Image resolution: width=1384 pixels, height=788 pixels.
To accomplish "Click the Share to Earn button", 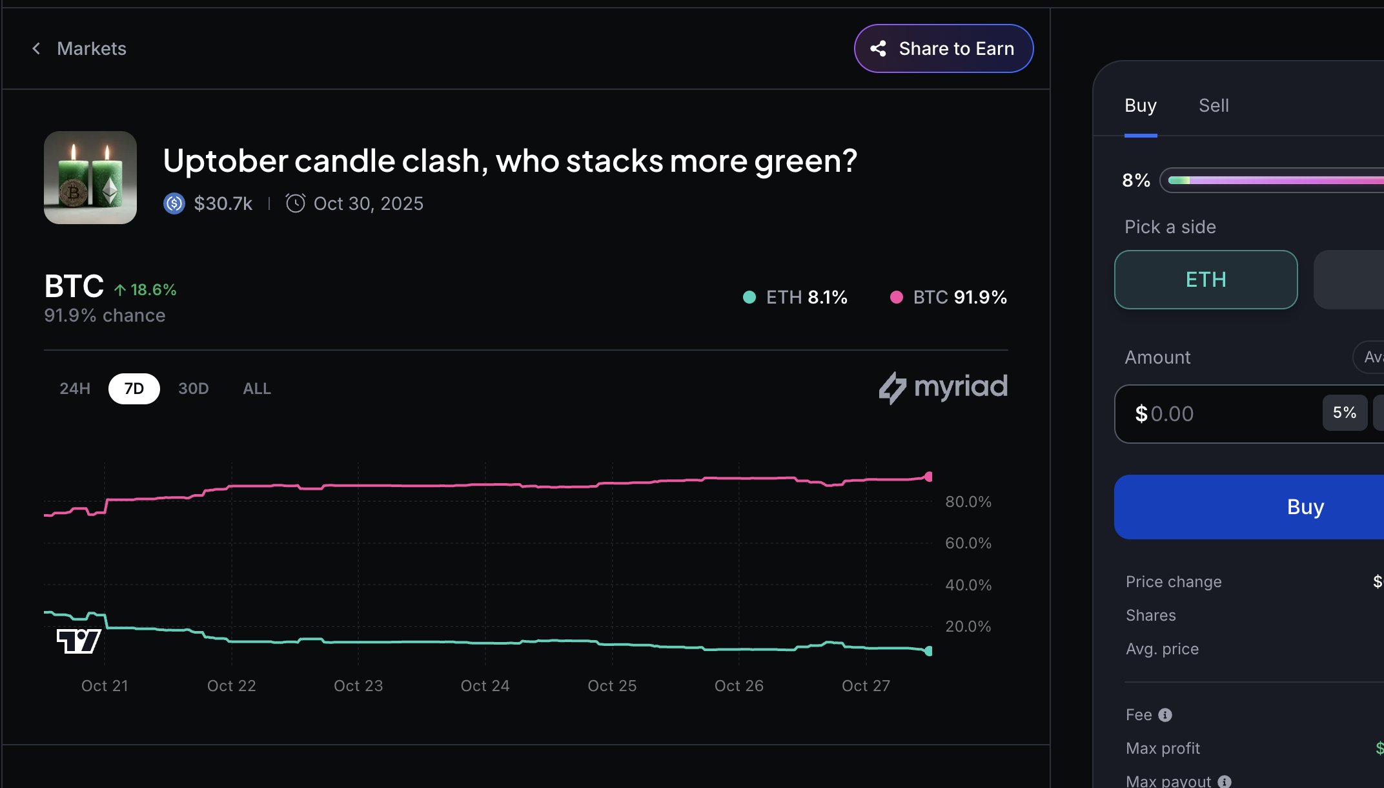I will point(943,48).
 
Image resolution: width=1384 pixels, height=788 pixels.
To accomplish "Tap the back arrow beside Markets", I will point(37,48).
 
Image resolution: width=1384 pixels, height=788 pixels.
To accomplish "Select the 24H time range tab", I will point(75,388).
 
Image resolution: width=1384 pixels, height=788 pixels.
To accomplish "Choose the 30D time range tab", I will point(193,388).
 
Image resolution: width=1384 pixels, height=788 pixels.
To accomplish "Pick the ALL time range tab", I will point(256,388).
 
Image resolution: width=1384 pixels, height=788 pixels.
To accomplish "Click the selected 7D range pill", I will point(134,388).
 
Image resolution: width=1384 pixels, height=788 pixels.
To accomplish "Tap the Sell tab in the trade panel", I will point(1213,105).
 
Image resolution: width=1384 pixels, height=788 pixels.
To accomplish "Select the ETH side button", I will point(1205,280).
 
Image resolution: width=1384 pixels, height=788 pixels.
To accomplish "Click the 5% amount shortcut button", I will point(1344,413).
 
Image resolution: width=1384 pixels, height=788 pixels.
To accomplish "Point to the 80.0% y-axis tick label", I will point(968,502).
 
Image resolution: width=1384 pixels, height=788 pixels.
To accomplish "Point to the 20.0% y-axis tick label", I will point(968,626).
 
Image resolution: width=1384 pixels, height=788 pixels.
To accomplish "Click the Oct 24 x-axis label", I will point(485,686).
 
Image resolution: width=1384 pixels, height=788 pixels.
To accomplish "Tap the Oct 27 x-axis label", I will point(866,686).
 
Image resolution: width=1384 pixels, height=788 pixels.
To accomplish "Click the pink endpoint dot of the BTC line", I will point(928,477).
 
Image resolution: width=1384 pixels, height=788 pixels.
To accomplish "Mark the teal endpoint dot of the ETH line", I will point(928,651).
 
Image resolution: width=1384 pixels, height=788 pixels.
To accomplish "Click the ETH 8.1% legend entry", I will point(795,297).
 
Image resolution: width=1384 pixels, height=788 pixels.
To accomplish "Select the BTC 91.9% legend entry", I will point(948,297).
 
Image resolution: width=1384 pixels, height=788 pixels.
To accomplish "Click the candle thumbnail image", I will point(90,178).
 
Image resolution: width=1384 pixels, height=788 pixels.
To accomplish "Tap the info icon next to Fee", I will point(1165,715).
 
